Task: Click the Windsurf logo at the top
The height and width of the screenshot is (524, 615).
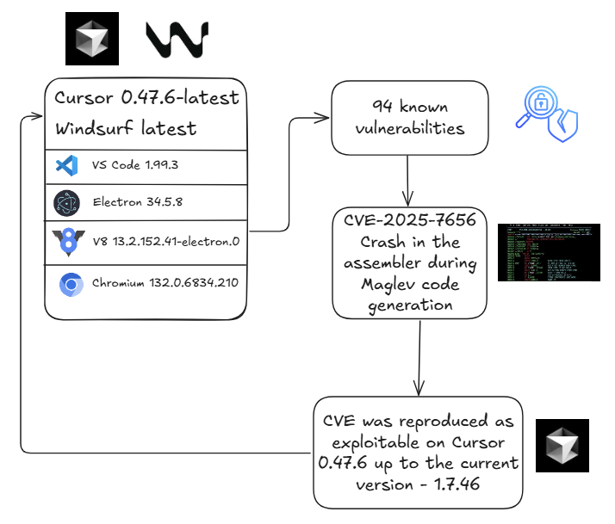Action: coord(177,40)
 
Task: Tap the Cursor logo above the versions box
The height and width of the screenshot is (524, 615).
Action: coord(92,39)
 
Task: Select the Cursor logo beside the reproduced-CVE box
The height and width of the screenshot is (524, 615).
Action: coord(562,446)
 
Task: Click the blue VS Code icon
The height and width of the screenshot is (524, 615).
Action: coord(66,165)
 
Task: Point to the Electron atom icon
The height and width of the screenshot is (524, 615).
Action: coord(66,203)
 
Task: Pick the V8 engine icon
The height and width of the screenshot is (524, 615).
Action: coord(66,242)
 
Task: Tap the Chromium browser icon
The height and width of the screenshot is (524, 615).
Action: coord(71,285)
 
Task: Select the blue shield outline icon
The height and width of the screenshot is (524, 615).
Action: coord(565,127)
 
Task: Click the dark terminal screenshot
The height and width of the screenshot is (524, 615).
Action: coord(549,252)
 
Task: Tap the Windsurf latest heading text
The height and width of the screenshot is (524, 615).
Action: coord(126,129)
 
